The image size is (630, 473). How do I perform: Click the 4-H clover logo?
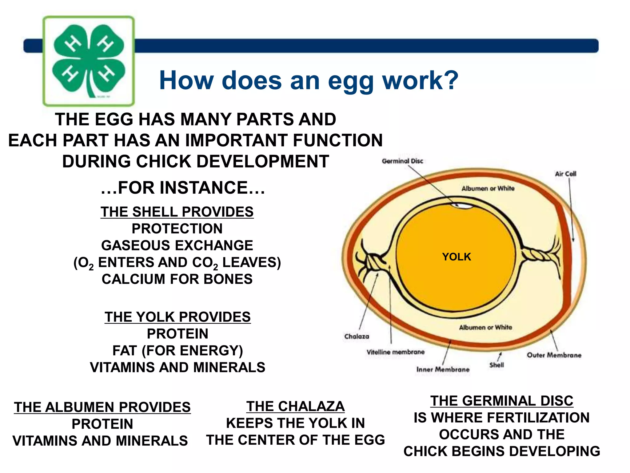pyautogui.click(x=89, y=61)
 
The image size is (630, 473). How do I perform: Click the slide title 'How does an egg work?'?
pyautogui.click(x=309, y=80)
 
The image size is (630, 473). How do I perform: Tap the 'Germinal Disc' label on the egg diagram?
pyautogui.click(x=402, y=161)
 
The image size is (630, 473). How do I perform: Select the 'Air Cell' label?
pyautogui.click(x=565, y=174)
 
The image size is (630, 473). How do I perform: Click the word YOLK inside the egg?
pyautogui.click(x=457, y=257)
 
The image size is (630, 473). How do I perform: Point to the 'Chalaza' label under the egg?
pyautogui.click(x=357, y=336)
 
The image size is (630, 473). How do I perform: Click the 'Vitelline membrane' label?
pyautogui.click(x=396, y=352)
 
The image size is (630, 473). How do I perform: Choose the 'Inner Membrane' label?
pyautogui.click(x=443, y=369)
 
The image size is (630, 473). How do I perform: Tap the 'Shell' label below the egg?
pyautogui.click(x=496, y=365)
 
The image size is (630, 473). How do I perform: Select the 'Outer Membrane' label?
pyautogui.click(x=554, y=355)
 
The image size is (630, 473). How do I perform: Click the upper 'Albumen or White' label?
pyautogui.click(x=488, y=188)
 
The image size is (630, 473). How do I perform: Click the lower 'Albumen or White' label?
pyautogui.click(x=485, y=327)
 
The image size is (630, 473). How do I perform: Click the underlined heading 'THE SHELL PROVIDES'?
pyautogui.click(x=177, y=212)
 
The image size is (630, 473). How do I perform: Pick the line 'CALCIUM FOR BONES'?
pyautogui.click(x=177, y=279)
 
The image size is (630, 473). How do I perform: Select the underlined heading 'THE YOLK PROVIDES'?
pyautogui.click(x=177, y=317)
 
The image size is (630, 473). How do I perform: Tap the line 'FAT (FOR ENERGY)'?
pyautogui.click(x=177, y=351)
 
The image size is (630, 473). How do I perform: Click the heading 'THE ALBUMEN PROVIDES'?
pyautogui.click(x=102, y=407)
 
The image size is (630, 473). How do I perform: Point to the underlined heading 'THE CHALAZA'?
pyautogui.click(x=295, y=406)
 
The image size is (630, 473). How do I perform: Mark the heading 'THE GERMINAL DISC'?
pyautogui.click(x=502, y=401)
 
